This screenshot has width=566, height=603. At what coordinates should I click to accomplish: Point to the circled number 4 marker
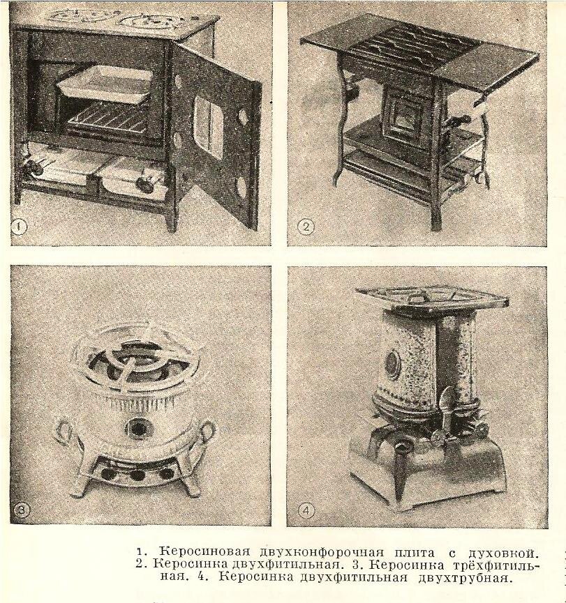pyautogui.click(x=305, y=510)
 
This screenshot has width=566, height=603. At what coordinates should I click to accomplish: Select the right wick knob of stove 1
pyautogui.click(x=144, y=184)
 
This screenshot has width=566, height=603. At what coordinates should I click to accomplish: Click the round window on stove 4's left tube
pyautogui.click(x=392, y=363)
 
